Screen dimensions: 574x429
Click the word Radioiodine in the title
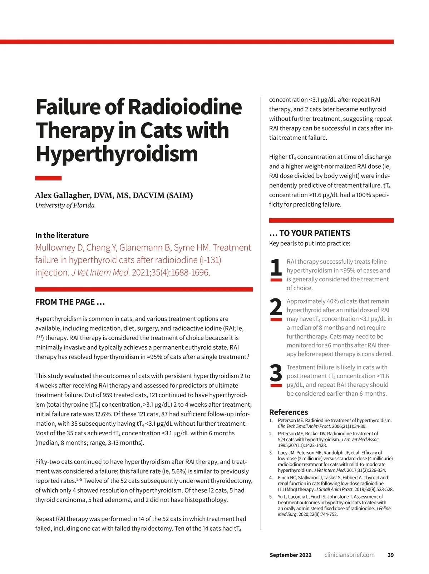coord(184,107)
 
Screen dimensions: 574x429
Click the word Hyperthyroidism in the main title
coord(117,154)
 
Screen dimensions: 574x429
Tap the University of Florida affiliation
coord(65,205)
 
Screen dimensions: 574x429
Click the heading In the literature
coord(62,236)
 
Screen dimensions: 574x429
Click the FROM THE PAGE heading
coord(70,302)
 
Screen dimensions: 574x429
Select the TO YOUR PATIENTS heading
coord(315,233)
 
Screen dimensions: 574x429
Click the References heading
coord(289,412)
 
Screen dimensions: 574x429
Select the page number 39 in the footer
coord(390,555)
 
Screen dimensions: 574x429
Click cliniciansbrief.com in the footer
coord(349,555)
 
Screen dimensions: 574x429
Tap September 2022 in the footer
coord(290,555)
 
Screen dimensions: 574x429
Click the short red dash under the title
coord(48,178)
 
